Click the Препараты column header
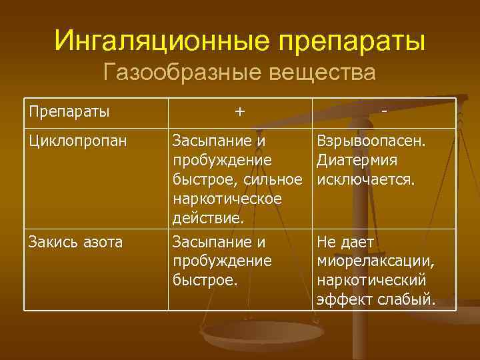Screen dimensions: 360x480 pos(69,111)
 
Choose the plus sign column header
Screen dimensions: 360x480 pos(239,111)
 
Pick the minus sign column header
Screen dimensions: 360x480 pos(386,111)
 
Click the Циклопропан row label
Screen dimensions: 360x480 pos(77,141)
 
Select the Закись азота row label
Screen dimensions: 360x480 pos(75,242)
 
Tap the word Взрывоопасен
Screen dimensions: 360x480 pos(375,141)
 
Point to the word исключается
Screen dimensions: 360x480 pos(367,180)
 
